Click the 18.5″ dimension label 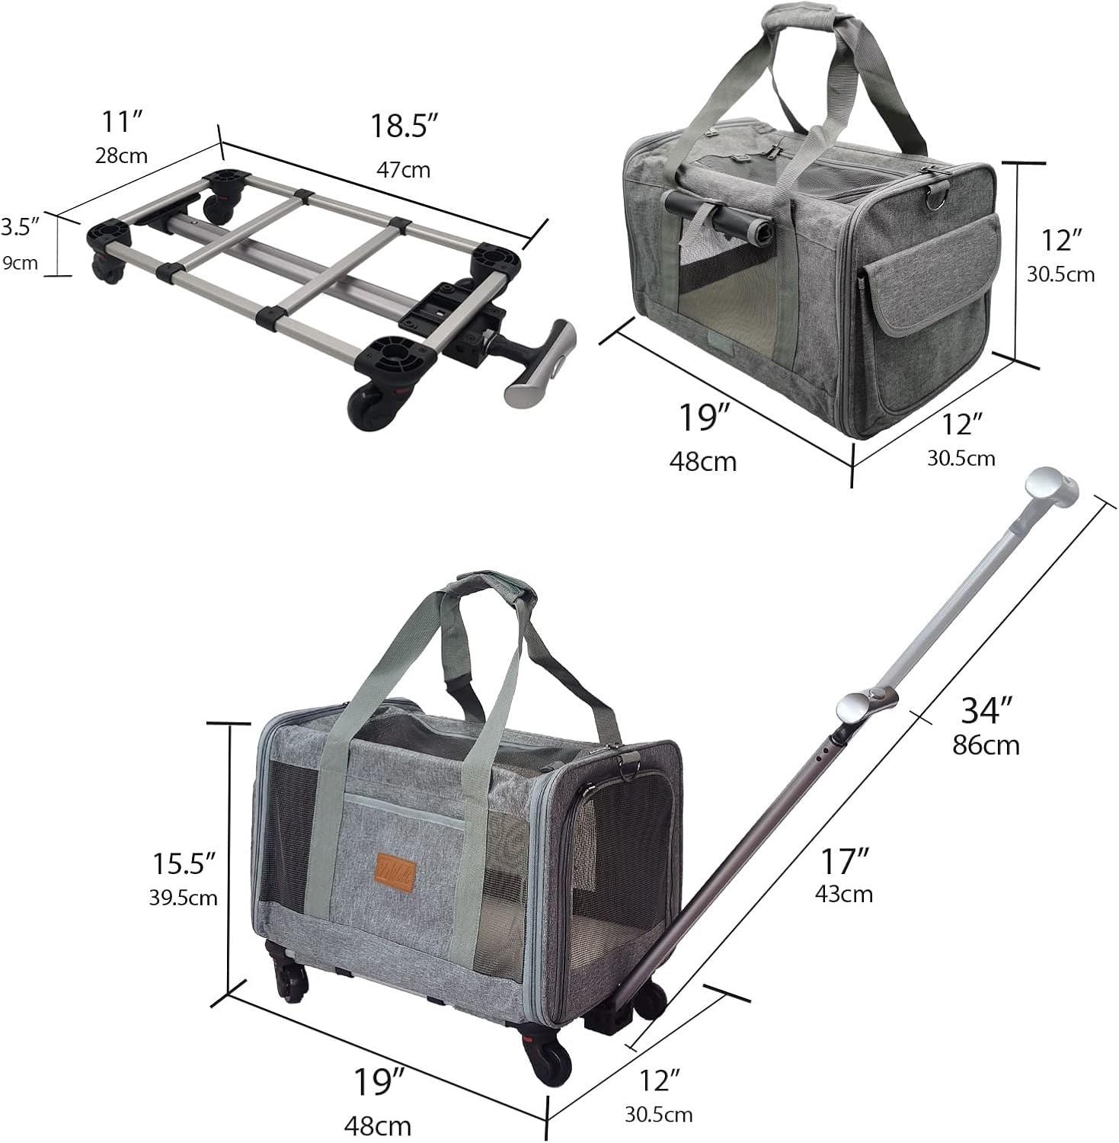pos(406,126)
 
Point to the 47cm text pos(404,169)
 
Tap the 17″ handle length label pos(845,861)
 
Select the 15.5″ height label pos(184,863)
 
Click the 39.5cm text pos(184,898)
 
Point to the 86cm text pos(986,744)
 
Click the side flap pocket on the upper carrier pos(932,279)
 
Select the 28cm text pos(122,155)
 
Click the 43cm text pos(844,893)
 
